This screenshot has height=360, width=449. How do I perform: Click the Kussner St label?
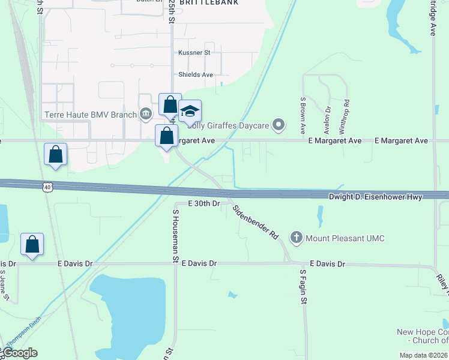click(194, 53)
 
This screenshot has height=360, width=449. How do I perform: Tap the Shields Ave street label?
click(196, 75)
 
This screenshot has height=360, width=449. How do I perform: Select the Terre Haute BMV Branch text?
click(90, 115)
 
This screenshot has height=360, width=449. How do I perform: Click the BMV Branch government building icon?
click(146, 115)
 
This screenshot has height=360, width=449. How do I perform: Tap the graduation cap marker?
click(190, 112)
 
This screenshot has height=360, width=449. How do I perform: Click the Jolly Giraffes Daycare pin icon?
click(278, 125)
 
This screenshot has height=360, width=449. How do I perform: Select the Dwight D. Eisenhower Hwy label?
click(375, 197)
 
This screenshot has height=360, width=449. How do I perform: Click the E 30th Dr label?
click(205, 204)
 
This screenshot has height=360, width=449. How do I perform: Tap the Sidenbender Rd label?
click(255, 221)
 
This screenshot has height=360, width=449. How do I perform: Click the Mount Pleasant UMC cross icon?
click(296, 238)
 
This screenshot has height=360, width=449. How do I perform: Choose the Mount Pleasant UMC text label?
click(345, 238)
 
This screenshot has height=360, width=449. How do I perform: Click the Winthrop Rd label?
click(346, 113)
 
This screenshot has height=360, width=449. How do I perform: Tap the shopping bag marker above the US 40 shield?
click(55, 155)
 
